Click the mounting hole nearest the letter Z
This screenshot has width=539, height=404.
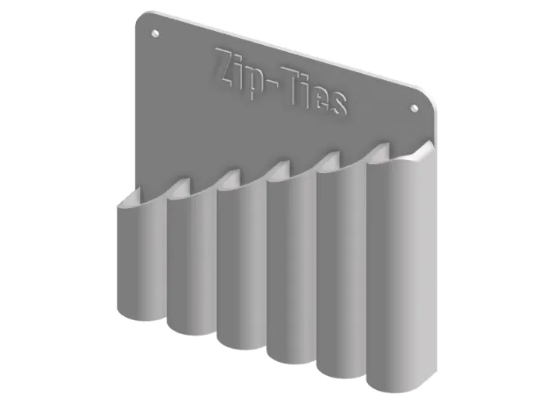point(154,34)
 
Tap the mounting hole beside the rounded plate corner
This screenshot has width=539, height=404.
point(413,109)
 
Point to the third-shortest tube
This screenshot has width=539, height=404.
point(239,268)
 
